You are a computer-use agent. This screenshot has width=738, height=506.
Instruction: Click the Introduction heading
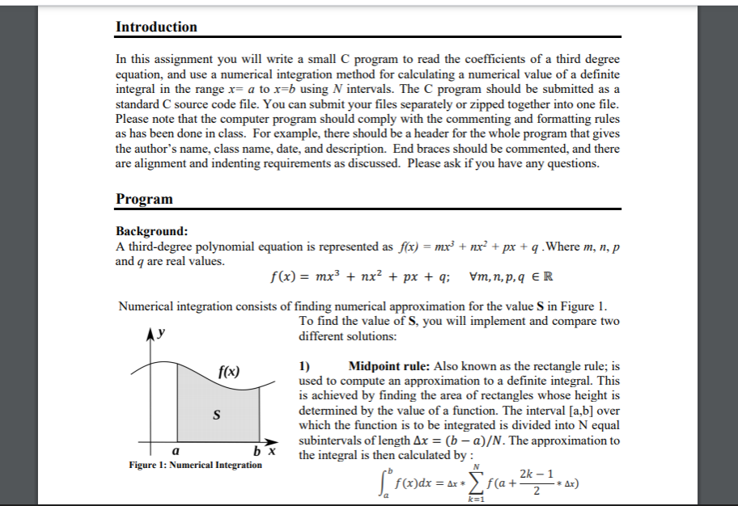click(x=156, y=27)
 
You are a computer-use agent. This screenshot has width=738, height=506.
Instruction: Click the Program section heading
click(x=144, y=199)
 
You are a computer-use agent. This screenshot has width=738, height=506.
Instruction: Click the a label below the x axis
click(x=176, y=451)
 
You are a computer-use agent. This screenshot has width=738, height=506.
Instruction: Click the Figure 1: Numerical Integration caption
click(x=195, y=465)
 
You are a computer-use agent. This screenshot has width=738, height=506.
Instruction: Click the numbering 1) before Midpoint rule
click(x=305, y=365)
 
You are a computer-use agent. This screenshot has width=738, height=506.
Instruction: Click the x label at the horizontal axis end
click(x=274, y=451)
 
